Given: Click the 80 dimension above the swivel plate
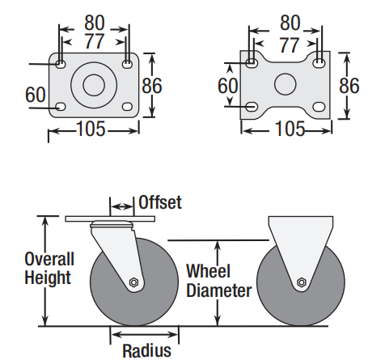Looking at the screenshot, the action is (x=94, y=23).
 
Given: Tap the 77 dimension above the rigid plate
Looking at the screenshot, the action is (x=290, y=45).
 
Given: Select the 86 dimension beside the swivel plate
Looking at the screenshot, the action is (x=152, y=86).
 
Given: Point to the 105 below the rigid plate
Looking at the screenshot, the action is (x=290, y=129).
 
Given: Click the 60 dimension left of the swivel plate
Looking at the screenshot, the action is (x=36, y=95).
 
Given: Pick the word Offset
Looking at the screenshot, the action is (x=160, y=202).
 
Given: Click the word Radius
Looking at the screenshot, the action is (x=147, y=350).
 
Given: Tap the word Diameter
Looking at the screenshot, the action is (x=219, y=290).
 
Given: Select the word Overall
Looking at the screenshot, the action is (x=49, y=259).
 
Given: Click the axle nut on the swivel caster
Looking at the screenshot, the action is (x=133, y=282).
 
